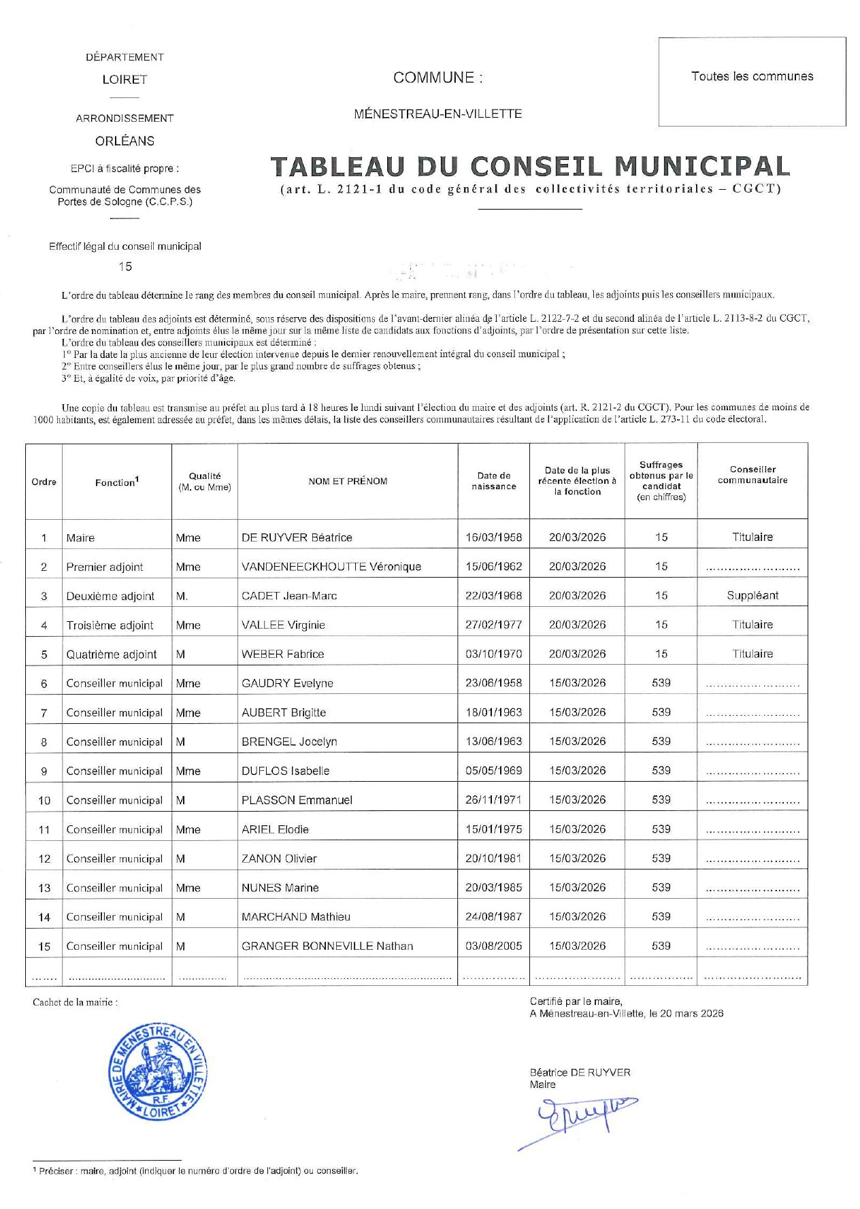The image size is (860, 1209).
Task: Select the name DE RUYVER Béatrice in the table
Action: coord(297,537)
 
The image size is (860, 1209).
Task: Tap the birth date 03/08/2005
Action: coord(493,946)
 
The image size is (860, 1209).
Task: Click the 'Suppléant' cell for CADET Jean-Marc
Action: coord(752,595)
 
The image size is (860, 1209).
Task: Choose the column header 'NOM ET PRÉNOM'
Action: coord(348,482)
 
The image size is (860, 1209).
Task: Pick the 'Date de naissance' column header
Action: coord(493,481)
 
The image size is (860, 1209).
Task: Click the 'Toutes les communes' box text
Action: coord(752,76)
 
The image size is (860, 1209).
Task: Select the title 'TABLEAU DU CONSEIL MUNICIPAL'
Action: coord(530,167)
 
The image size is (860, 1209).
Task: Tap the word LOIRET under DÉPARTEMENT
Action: coord(125,80)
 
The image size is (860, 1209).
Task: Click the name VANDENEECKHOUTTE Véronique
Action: coord(331,567)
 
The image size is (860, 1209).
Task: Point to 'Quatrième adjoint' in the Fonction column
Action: coord(111,655)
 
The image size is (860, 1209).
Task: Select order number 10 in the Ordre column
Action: coord(44,801)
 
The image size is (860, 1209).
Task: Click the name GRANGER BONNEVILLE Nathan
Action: coord(327,946)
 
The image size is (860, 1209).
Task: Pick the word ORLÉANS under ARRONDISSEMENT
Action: coord(125,141)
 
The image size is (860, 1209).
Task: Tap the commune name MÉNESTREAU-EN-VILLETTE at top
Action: coord(437,114)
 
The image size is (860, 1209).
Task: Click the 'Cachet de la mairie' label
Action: coord(75,1002)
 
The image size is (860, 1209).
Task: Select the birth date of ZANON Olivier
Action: coord(493,859)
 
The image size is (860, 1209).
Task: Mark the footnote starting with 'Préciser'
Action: coord(197,1171)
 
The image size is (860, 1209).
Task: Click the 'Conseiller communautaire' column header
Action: coord(752,475)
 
